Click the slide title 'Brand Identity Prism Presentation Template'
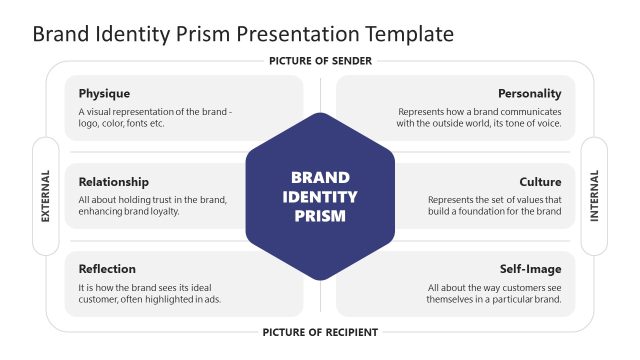(x=243, y=33)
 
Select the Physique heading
(x=104, y=94)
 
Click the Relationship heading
(x=113, y=182)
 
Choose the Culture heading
(x=540, y=182)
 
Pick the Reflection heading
(x=107, y=269)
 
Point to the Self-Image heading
(x=530, y=269)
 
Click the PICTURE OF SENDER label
(x=320, y=61)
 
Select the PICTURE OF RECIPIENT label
(x=320, y=332)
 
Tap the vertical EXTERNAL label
(x=45, y=196)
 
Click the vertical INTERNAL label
(x=595, y=196)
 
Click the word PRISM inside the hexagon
(x=320, y=215)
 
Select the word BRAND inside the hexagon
(x=320, y=177)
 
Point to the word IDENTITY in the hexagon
(x=320, y=196)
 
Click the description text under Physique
(x=155, y=118)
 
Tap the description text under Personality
(x=479, y=118)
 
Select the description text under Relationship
(x=152, y=206)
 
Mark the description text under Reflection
(x=150, y=293)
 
